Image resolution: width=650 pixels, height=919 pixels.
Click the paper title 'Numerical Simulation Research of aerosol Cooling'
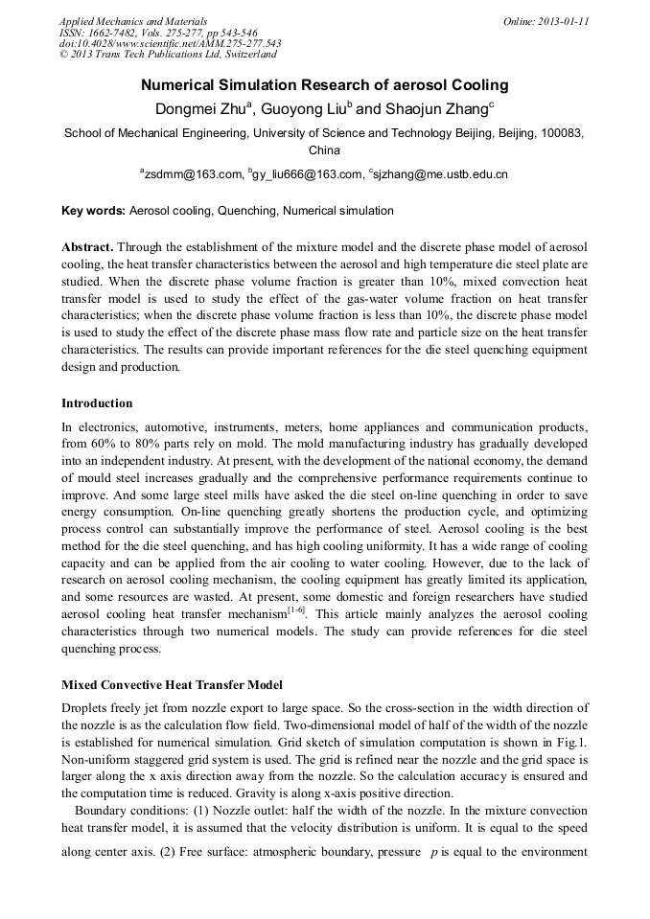coord(324,85)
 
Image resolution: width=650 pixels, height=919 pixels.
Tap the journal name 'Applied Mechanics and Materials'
coord(133,21)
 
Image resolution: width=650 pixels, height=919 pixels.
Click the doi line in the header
coord(170,44)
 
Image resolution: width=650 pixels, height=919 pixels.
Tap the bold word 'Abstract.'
coord(87,246)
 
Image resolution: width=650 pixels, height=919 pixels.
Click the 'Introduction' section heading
coord(97,403)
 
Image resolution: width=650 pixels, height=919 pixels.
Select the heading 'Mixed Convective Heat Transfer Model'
coord(172,685)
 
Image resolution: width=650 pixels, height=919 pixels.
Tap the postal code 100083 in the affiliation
coord(564,133)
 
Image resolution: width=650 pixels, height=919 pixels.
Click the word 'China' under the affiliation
coord(324,150)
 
